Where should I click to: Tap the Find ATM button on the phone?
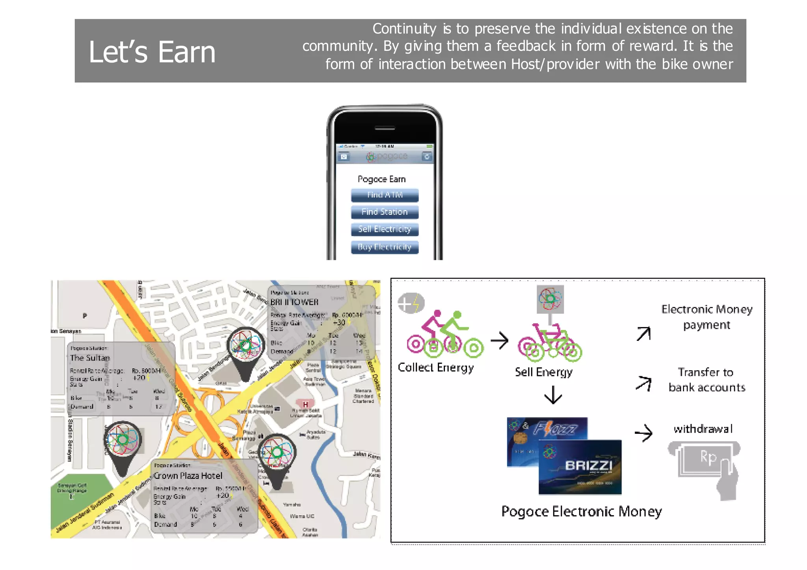pos(385,195)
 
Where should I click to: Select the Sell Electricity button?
pos(385,229)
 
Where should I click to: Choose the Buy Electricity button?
pos(385,247)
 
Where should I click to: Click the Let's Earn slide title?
pos(152,52)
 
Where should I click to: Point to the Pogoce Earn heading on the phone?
pos(381,179)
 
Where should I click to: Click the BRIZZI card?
pos(580,467)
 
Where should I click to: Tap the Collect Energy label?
pos(435,367)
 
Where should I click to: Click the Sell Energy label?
pos(543,372)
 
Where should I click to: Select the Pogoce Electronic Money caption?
pos(581,511)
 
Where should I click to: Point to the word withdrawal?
pos(703,429)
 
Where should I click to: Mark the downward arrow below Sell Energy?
pos(553,395)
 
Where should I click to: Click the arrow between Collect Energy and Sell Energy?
pos(500,341)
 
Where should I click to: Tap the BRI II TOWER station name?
pos(294,302)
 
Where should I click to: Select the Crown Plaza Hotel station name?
pos(188,476)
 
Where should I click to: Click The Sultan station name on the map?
pos(90,358)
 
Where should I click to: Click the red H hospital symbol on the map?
pos(305,404)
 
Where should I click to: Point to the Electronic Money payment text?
pos(707,317)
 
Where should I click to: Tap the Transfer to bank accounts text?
pos(707,380)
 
